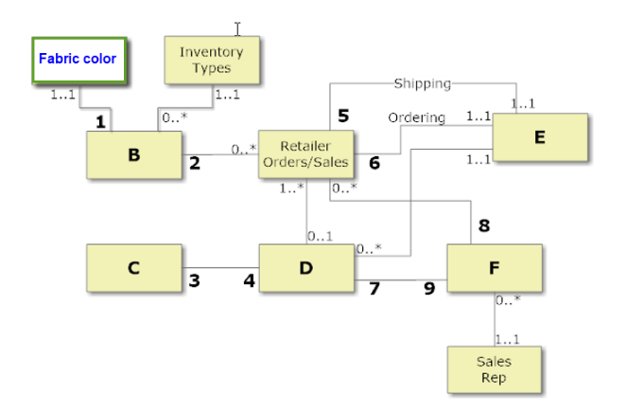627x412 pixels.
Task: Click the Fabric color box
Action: point(79,59)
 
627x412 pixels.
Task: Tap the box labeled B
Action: point(134,155)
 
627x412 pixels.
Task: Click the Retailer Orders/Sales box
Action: point(305,154)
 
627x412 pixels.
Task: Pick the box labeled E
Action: point(540,138)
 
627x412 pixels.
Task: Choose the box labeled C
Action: point(134,268)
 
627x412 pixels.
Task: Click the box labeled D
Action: point(305,268)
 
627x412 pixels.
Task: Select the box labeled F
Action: point(494,268)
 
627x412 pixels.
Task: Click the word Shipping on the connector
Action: point(422,83)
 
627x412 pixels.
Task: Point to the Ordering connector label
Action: point(416,117)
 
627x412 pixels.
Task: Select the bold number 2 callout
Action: point(195,163)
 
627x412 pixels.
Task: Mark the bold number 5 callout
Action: point(343,116)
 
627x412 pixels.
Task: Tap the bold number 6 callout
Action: point(374,163)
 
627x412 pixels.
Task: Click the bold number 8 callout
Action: point(483,225)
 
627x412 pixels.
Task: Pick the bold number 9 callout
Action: point(429,288)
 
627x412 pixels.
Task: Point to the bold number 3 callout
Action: point(195,280)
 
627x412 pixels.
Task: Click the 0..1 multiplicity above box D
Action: point(320,235)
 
